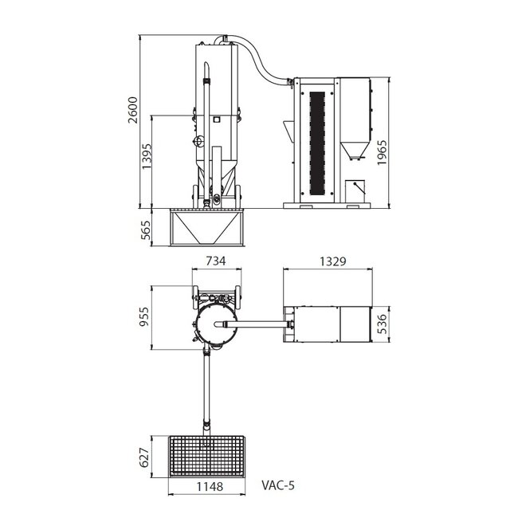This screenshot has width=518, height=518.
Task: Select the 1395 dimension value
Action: pos(146,159)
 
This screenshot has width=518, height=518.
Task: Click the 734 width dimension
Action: pos(216,261)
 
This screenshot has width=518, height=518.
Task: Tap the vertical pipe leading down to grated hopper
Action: pos(207,390)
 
